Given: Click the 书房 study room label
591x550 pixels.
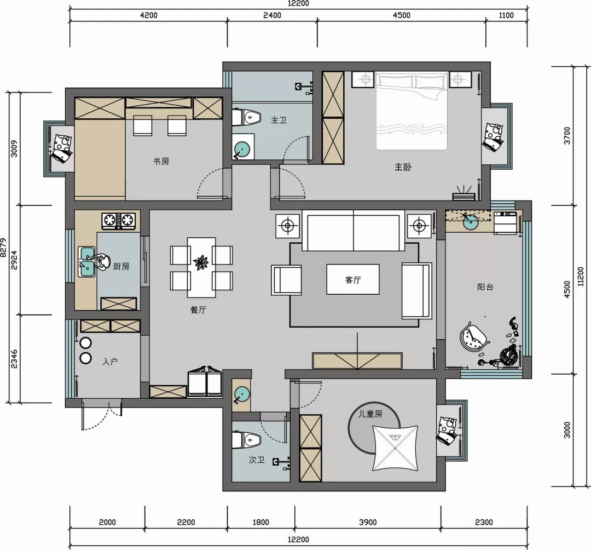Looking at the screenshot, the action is [161, 162].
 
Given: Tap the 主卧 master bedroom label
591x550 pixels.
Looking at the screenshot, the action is [403, 167].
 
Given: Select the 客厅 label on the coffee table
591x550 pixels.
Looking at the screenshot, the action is [353, 279].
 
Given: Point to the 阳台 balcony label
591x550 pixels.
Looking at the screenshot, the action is [485, 287].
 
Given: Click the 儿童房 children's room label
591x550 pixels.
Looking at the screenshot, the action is [370, 414].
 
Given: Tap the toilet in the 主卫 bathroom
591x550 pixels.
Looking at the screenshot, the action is [246, 118].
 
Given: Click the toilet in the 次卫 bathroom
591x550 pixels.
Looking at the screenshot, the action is [246, 440].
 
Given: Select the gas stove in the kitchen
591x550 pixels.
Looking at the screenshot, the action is [118, 221].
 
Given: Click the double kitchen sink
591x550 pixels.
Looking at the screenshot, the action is [86, 261].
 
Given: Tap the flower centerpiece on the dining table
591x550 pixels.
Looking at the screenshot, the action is [201, 262].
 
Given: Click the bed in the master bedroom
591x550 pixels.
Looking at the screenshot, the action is [412, 111].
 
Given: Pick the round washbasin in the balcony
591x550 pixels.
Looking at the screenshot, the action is [471, 222].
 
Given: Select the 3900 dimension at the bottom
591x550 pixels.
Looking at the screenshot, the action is [368, 522].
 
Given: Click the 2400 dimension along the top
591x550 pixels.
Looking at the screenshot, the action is [272, 15].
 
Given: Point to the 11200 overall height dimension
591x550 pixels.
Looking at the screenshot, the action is [580, 277].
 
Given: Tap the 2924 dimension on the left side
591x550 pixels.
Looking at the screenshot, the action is [14, 260].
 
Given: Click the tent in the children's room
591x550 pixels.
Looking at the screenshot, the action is [396, 448].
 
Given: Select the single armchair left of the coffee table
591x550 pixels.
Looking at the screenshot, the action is [286, 280].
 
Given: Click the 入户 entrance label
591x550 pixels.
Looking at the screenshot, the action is [109, 362].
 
